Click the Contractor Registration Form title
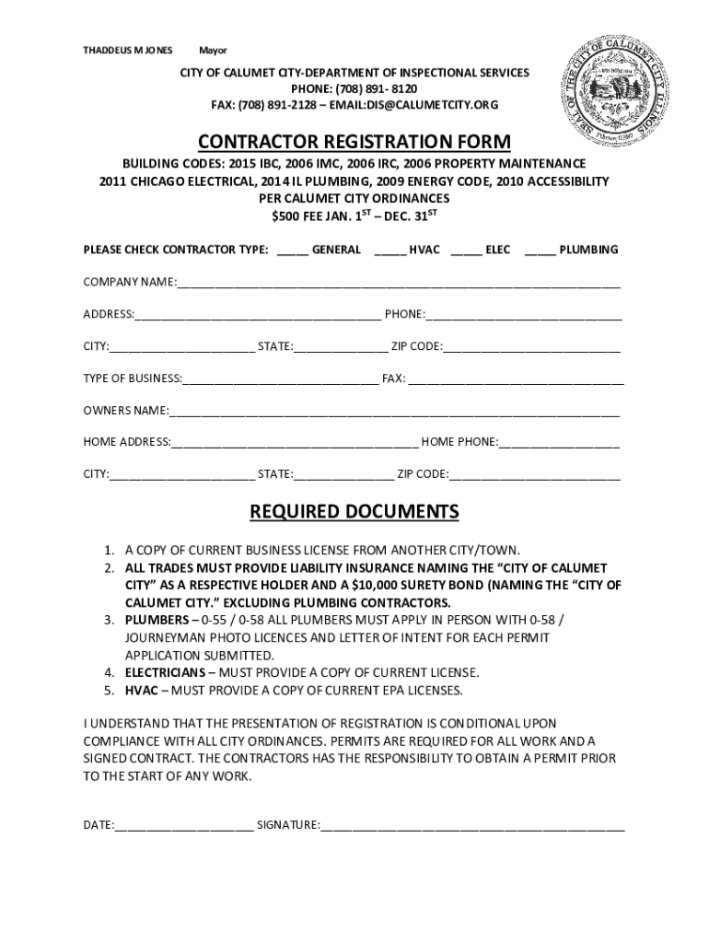click(354, 141)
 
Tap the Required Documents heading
click(354, 511)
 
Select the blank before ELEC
click(466, 251)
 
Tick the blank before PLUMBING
click(540, 251)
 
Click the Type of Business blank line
click(280, 379)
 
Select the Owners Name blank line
click(394, 412)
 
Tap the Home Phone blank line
click(559, 444)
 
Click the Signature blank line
click(472, 827)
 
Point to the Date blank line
click(183, 827)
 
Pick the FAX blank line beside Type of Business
click(516, 379)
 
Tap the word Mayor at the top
click(213, 50)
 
